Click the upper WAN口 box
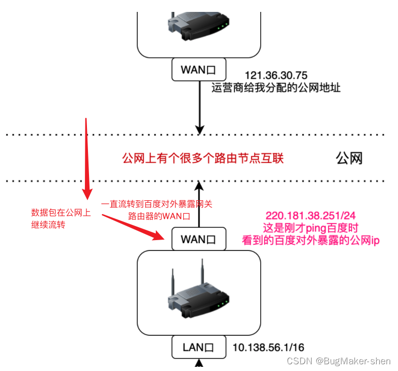coord(200,69)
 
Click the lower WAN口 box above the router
coord(199,240)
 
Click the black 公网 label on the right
coord(349,158)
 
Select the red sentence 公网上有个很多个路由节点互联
coord(203,158)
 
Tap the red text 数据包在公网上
coord(61,213)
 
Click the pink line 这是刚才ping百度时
coord(311,228)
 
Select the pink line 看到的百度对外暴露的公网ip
coord(311,240)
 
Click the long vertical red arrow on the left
coord(86,160)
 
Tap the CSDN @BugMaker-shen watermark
coord(340,360)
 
